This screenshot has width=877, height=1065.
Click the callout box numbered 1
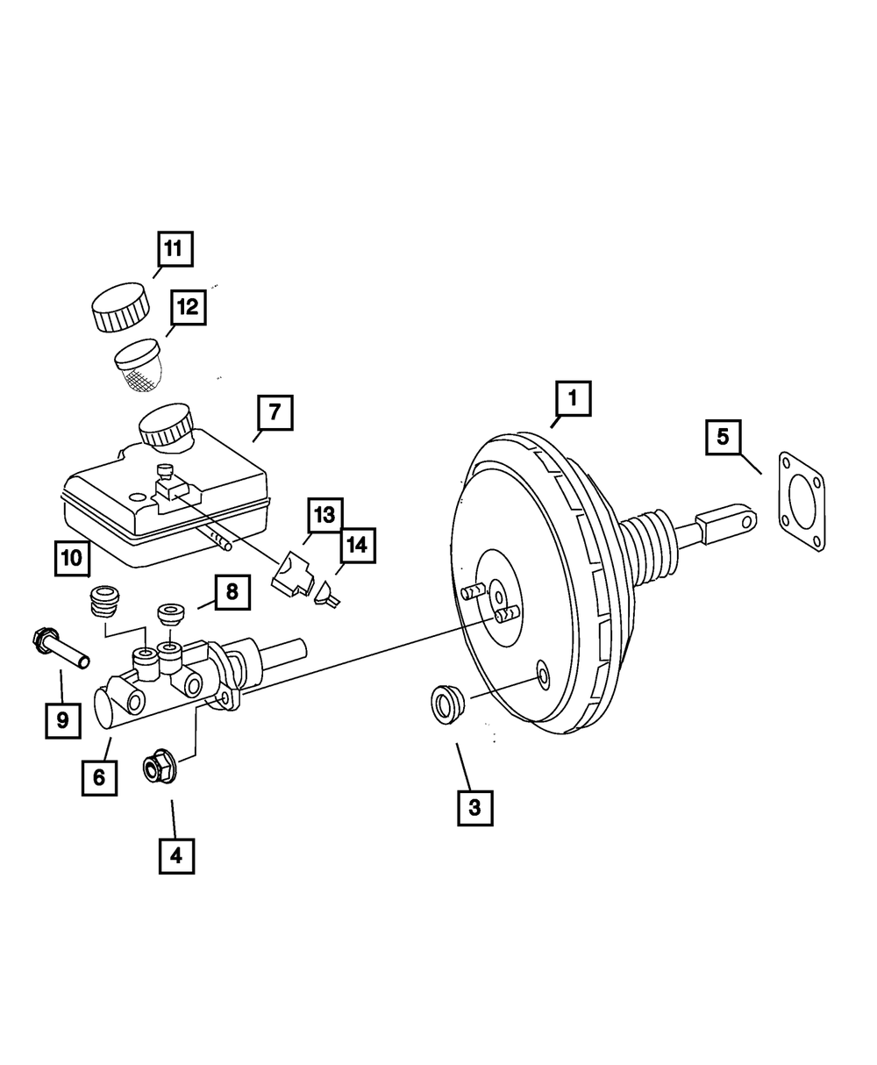(573, 399)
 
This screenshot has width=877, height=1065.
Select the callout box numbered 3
(474, 807)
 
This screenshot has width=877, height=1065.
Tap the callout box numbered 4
(176, 855)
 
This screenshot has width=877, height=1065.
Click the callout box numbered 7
(275, 411)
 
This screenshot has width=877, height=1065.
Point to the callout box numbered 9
(62, 720)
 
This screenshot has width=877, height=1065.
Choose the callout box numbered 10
(71, 558)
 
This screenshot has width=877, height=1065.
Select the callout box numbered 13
(324, 515)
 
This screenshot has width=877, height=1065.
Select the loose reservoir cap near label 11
(118, 307)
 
